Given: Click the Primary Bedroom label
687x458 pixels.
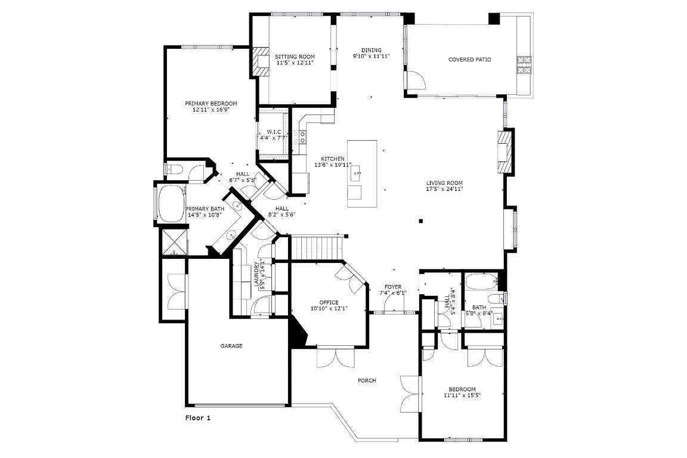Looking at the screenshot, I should pyautogui.click(x=211, y=103).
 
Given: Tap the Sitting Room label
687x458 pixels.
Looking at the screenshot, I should pyautogui.click(x=295, y=57).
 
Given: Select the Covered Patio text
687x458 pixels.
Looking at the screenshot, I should pyautogui.click(x=469, y=60).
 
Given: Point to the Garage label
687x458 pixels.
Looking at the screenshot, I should pyautogui.click(x=231, y=346).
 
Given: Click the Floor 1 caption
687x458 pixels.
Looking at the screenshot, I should pyautogui.click(x=198, y=418).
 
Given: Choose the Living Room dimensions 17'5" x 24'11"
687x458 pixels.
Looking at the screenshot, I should pyautogui.click(x=444, y=189).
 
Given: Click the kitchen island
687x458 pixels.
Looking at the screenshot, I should pyautogui.click(x=362, y=173).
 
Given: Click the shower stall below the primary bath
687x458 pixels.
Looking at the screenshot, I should pyautogui.click(x=174, y=243).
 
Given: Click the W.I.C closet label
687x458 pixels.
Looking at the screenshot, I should pyautogui.click(x=274, y=132).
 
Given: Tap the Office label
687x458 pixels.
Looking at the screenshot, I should pyautogui.click(x=329, y=302).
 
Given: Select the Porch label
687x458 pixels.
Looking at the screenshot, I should pyautogui.click(x=367, y=380).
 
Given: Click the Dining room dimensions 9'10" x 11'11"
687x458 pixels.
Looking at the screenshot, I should pyautogui.click(x=371, y=57).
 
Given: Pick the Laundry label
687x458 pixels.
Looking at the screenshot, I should pyautogui.click(x=257, y=275).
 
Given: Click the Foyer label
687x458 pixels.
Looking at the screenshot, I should pyautogui.click(x=392, y=287).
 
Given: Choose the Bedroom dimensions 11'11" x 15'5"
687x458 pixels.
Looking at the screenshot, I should pyautogui.click(x=462, y=395).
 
